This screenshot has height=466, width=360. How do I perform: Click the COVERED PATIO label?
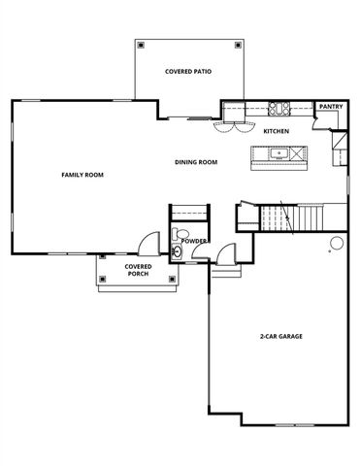(x=188, y=72)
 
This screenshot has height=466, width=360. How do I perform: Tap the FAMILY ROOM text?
(x=82, y=175)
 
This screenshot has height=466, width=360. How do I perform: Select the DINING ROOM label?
(x=197, y=162)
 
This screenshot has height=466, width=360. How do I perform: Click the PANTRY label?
(x=331, y=107)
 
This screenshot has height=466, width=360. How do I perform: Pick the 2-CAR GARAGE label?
(x=281, y=336)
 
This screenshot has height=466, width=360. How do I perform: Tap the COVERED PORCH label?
(x=137, y=270)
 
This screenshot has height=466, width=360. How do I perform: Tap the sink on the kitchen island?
(x=279, y=153)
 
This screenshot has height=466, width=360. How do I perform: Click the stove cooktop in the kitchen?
(x=280, y=108)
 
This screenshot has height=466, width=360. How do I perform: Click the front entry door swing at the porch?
(x=147, y=243)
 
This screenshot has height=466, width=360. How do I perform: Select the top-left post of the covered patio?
(x=142, y=46)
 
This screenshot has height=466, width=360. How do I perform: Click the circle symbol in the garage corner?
(x=335, y=241)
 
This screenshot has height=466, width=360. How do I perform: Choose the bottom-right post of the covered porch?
(x=173, y=280)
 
